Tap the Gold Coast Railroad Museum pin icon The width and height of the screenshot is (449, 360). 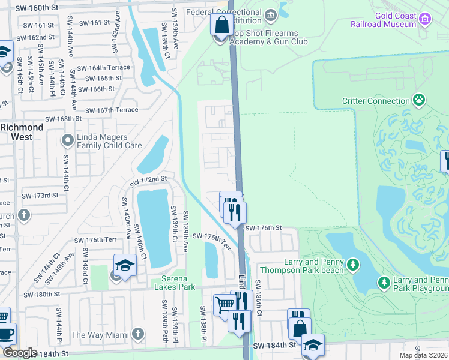[x=425, y=20]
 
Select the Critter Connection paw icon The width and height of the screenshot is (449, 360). [x=419, y=101]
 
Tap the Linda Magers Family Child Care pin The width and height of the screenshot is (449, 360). [x=67, y=141]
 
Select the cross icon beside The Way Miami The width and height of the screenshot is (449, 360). [x=138, y=334]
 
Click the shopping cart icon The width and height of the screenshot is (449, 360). [x=224, y=304]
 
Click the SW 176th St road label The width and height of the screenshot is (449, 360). [x=263, y=228]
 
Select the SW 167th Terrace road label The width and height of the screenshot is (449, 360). [x=112, y=110]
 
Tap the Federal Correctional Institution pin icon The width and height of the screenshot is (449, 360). [x=270, y=14]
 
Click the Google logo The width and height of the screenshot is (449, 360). [x=20, y=353]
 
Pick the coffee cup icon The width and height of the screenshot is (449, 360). [x=6, y=333]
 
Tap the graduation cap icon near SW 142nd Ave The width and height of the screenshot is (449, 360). [x=124, y=265]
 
